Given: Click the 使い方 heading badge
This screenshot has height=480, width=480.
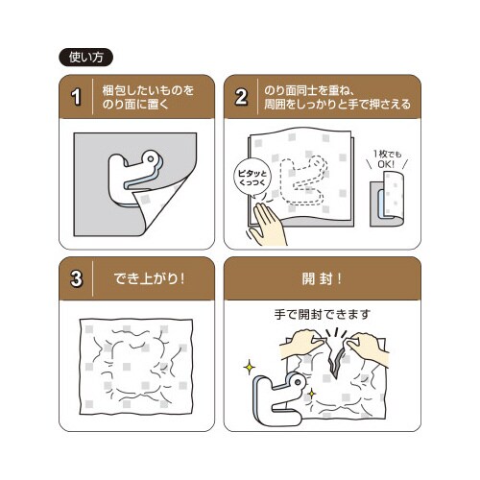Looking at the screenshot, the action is pos(85,58).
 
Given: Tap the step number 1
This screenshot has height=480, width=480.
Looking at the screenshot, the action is pos(76,97).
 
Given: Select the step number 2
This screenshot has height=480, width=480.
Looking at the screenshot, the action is pos(241,97).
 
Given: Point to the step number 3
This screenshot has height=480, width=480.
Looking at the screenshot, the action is pos(76,278).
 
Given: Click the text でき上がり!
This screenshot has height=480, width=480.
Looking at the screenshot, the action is pos(149,278).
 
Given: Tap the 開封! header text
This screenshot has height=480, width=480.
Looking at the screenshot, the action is pos(322,278).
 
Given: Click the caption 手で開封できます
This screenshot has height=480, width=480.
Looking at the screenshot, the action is pos(323,315).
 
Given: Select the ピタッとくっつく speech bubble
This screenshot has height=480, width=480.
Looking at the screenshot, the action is pos(252,178).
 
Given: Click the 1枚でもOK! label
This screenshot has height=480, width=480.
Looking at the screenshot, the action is pos(387,159).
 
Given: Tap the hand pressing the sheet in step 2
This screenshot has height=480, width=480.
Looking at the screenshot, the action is pos(267,226).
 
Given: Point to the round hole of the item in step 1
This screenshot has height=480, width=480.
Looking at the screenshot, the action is pos(150,157).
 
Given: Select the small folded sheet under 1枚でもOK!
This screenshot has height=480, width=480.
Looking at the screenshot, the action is pos(387,199).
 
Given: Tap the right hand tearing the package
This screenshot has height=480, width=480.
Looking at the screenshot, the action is pos(368,348).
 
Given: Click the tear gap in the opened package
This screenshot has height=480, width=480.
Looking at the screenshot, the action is pos(336,362).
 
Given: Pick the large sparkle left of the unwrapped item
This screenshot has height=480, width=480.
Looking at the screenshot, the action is pos(249,367).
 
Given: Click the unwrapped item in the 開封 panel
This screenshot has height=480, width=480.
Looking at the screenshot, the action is pos(276,400).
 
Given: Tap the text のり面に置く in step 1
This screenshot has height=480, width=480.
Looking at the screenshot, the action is pos(135,105).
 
